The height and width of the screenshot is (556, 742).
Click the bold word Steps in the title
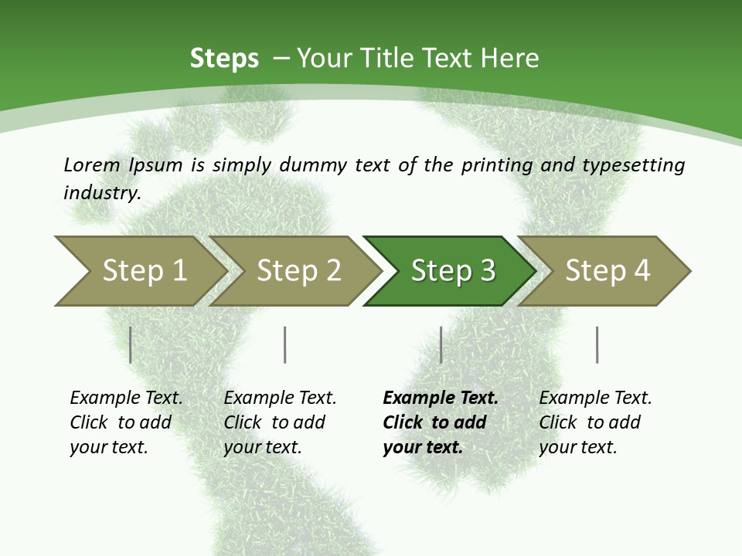tap(224, 59)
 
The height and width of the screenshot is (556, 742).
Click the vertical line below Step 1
tap(131, 344)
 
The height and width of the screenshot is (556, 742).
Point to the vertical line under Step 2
tap(285, 344)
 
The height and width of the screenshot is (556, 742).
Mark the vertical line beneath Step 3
tap(441, 344)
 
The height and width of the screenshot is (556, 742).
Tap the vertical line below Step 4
tap(597, 344)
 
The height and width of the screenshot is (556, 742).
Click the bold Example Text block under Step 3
tap(440, 422)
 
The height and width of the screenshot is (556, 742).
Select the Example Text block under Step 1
tap(126, 422)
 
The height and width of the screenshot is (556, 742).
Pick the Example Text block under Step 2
tap(280, 422)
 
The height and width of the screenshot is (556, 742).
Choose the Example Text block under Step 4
tap(595, 422)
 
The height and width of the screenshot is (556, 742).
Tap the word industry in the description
tap(102, 193)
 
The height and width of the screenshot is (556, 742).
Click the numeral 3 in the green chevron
tap(487, 270)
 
